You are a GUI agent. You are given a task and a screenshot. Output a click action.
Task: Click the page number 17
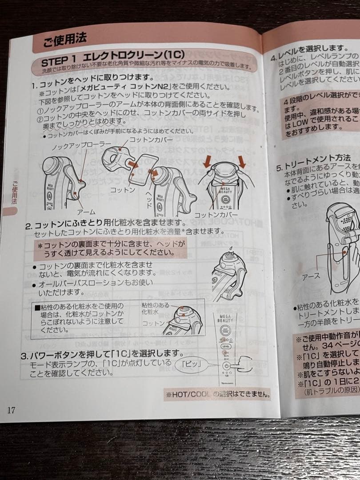[x=12, y=410]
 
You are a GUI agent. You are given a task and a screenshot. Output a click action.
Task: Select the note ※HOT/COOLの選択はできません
[x=217, y=394]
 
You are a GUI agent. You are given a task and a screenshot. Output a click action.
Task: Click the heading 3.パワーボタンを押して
[x=102, y=354]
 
